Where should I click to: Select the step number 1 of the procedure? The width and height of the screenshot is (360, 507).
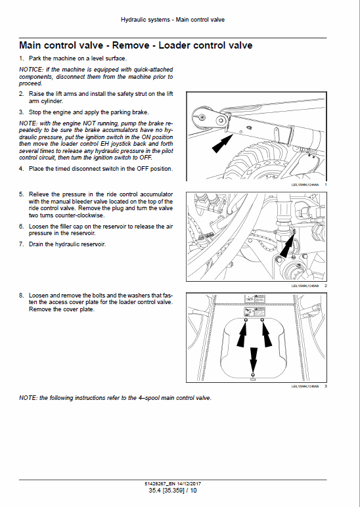tap(21, 59)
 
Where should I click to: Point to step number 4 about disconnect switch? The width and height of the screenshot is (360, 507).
tap(21, 169)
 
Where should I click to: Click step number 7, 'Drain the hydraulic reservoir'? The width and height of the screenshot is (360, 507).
tap(21, 244)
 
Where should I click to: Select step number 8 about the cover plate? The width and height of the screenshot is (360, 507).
tap(21, 295)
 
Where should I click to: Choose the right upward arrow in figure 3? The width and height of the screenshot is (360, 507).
tap(266, 335)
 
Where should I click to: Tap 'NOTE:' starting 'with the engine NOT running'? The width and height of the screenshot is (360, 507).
tap(28, 123)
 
